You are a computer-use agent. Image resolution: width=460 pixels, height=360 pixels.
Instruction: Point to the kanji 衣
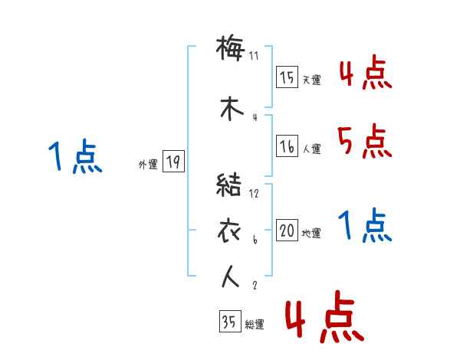pyautogui.click(x=231, y=230)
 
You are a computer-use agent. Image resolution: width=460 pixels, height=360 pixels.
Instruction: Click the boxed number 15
pyautogui.click(x=287, y=77)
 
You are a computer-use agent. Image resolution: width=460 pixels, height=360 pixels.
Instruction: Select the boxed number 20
pyautogui.click(x=287, y=231)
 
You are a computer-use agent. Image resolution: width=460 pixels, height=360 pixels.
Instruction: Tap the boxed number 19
pyautogui.click(x=172, y=162)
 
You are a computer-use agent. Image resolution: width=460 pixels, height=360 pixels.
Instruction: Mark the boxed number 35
pyautogui.click(x=228, y=322)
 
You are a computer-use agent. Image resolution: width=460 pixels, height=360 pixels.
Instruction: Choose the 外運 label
pyautogui.click(x=148, y=165)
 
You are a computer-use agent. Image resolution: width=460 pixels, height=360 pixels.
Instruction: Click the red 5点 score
pyautogui.click(x=363, y=141)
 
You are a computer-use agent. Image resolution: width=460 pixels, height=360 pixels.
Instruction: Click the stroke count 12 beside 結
pyautogui.click(x=255, y=194)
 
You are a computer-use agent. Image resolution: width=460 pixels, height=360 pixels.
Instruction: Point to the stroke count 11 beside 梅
pyautogui.click(x=255, y=55)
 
